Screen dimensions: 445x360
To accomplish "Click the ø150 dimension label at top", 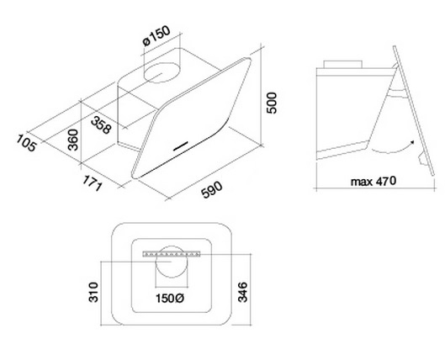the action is [156, 35].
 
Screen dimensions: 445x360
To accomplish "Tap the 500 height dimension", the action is [272, 103].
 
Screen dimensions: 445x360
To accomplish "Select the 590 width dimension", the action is [212, 189].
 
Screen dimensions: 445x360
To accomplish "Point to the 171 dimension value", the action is [92, 183].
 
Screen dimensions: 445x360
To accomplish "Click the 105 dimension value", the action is [26, 143].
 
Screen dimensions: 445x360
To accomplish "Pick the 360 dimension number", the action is [73, 140].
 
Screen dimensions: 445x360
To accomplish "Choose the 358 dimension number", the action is [101, 124].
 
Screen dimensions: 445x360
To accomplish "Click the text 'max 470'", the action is [373, 181].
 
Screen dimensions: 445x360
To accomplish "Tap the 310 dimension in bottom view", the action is [93, 292].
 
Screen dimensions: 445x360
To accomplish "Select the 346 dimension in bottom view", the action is [242, 292].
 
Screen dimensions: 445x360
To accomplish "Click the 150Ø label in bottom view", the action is [170, 298].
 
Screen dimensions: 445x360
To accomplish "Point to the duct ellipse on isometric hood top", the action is [162, 72].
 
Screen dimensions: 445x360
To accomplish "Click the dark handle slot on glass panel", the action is [181, 146].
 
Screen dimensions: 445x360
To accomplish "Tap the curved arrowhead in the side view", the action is [411, 143].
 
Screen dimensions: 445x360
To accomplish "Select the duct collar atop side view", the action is [343, 64].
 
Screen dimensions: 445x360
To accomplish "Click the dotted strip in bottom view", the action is [172, 254].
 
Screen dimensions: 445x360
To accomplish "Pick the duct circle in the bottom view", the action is [172, 262].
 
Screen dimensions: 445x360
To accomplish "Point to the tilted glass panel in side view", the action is [414, 111].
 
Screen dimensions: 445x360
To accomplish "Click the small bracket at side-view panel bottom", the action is [423, 158].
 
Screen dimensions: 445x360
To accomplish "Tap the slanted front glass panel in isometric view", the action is [192, 118].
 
